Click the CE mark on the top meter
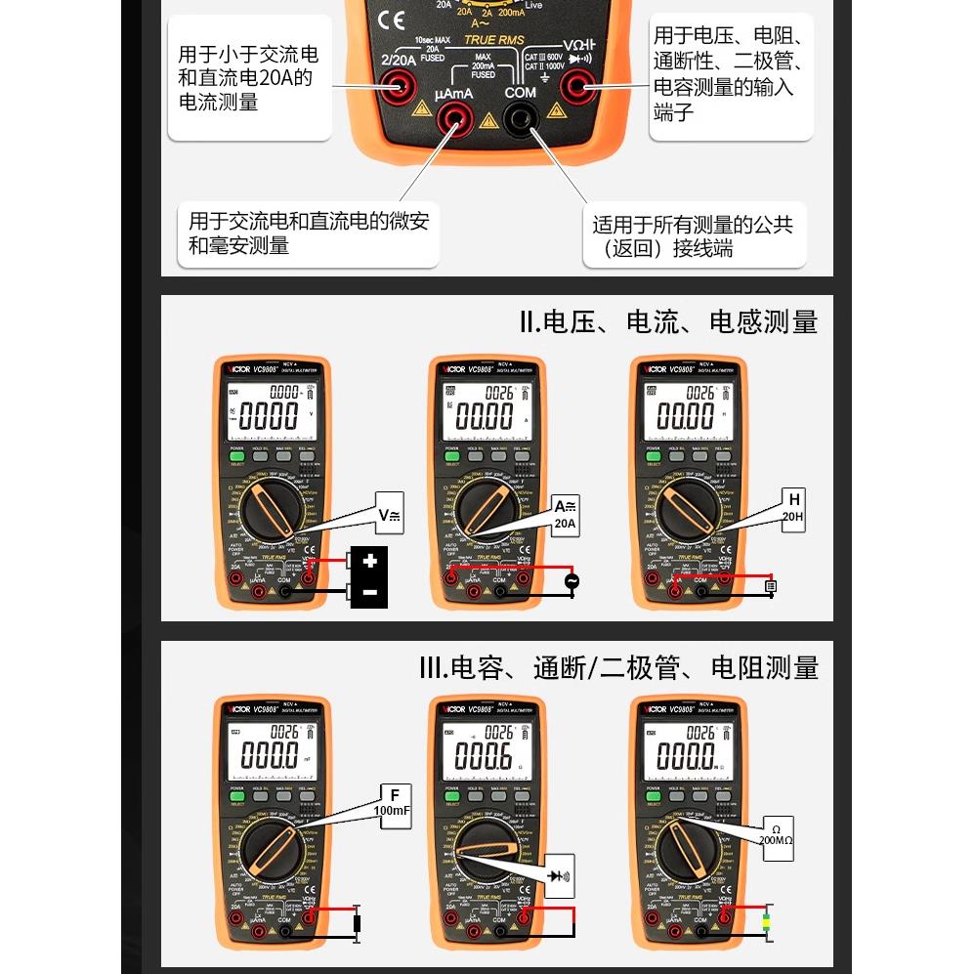[391, 21]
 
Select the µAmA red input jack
[453, 122]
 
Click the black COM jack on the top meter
[519, 121]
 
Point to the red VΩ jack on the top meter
[577, 90]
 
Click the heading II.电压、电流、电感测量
[668, 322]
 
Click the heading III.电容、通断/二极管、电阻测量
[618, 668]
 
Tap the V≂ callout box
[389, 514]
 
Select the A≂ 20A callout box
[565, 514]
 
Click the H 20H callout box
[792, 508]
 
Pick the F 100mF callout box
[392, 802]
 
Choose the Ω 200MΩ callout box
[777, 838]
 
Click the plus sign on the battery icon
[369, 562]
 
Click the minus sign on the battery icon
[369, 592]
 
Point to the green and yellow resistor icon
[767, 920]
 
